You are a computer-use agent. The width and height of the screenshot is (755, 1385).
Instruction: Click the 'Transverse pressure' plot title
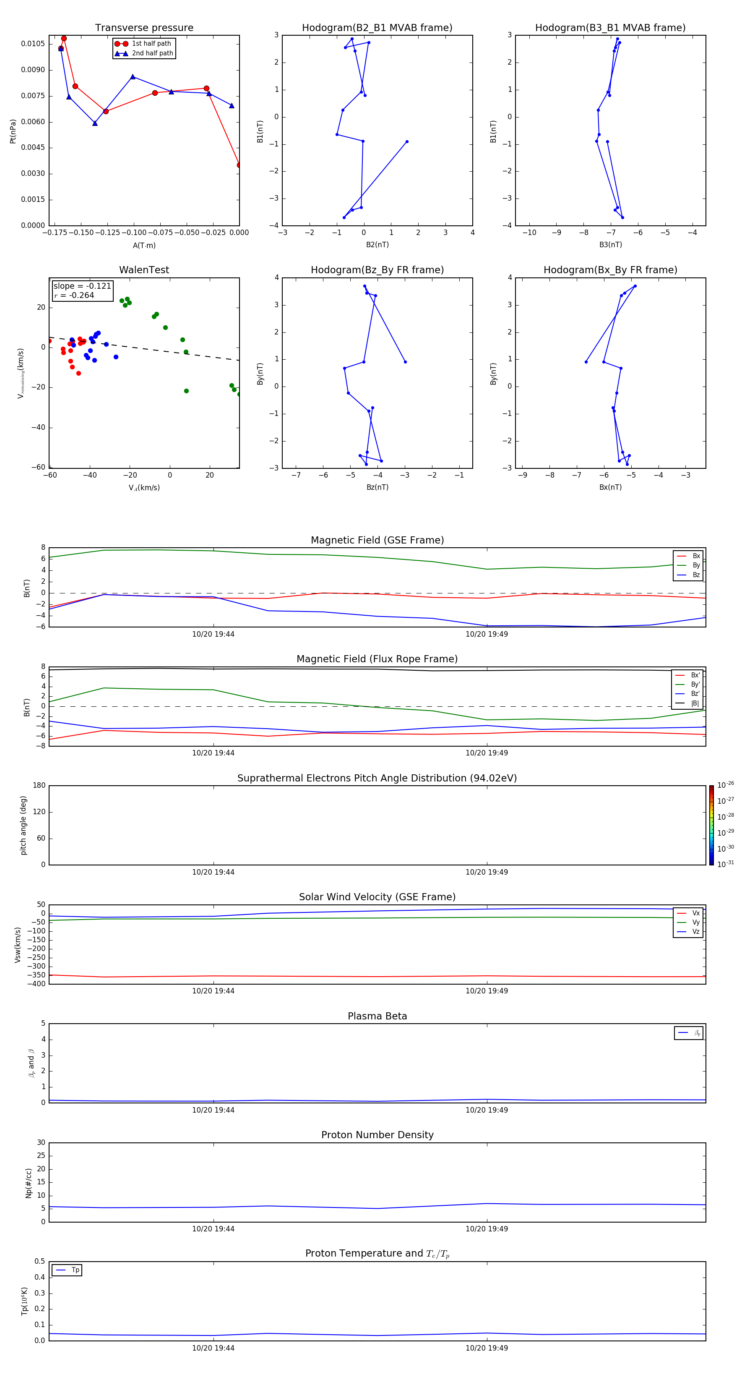pos(144,28)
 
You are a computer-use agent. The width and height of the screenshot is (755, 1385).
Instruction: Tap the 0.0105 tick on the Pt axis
pos(33,44)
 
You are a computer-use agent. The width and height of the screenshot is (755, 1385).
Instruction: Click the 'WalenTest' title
pos(144,270)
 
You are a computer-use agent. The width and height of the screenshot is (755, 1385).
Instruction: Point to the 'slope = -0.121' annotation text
pos(82,286)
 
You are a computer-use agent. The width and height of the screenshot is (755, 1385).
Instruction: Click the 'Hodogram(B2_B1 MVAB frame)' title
pos(377,28)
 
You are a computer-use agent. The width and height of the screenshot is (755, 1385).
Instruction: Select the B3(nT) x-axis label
pos(610,245)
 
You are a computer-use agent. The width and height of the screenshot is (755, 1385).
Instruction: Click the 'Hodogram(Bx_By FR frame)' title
pos(610,270)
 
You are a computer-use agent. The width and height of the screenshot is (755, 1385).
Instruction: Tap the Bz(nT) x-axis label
pos(377,487)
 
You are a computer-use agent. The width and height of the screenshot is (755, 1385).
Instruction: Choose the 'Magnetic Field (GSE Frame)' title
pos(377,540)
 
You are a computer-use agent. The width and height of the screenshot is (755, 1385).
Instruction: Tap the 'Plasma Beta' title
pos(377,1016)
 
